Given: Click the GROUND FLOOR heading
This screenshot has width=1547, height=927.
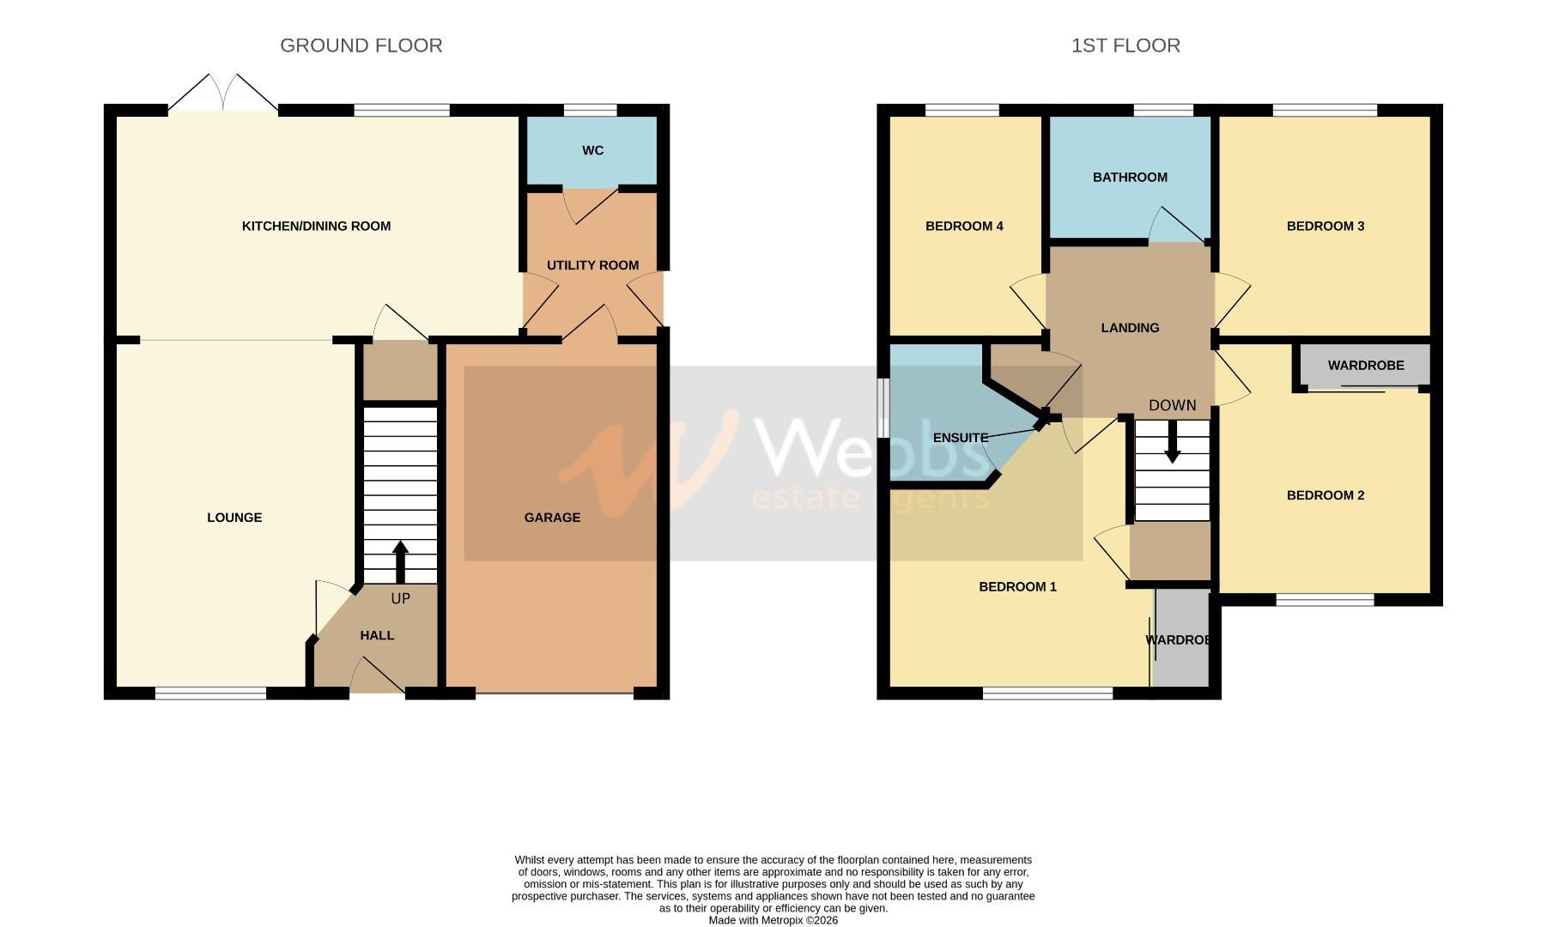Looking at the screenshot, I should [x=361, y=45].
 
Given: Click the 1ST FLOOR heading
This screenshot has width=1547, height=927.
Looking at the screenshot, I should [x=1125, y=45].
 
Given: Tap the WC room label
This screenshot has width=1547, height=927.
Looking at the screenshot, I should [x=592, y=150].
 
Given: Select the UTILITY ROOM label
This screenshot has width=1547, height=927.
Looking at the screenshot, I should [x=592, y=265].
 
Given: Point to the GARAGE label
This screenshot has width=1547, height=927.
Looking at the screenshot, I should [x=552, y=518].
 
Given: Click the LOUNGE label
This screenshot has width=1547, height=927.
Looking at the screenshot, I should [x=234, y=518].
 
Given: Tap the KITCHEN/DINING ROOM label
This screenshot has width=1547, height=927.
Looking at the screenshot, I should [x=316, y=227].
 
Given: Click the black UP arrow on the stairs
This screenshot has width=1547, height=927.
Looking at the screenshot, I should [x=400, y=562].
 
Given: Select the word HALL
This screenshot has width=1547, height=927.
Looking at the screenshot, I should [x=377, y=635].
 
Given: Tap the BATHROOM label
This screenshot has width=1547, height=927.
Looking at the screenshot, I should [x=1130, y=178].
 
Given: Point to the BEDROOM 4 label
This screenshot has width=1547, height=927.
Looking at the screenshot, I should [x=964, y=227].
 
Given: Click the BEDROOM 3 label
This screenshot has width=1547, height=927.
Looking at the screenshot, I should [x=1325, y=227].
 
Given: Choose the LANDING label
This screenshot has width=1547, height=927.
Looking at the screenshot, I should [x=1130, y=328].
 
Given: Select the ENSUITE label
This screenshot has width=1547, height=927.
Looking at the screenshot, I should [x=960, y=438].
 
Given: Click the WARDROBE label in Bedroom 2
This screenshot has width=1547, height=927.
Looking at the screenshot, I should [x=1365, y=366].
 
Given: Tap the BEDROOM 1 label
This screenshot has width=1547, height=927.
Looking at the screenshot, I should [x=1017, y=587].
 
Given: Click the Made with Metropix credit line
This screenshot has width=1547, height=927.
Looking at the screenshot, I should [x=773, y=920].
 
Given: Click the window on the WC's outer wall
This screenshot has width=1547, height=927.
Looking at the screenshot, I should [x=590, y=110].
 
